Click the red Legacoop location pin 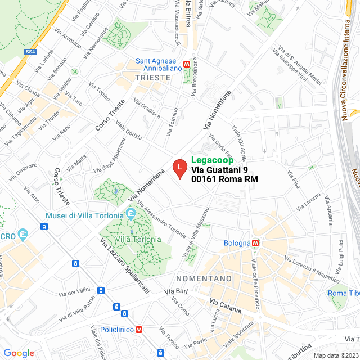point(179,168)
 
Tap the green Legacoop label point(213,160)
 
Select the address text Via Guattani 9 point(219,170)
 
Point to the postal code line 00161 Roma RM point(224,179)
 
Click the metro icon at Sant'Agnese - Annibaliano point(187,61)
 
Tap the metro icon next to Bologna point(255,243)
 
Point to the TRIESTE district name point(152,78)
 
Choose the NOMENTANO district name point(204,278)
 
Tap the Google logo point(19,353)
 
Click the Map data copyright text point(336,355)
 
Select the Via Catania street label point(225,307)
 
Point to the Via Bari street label point(176,291)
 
